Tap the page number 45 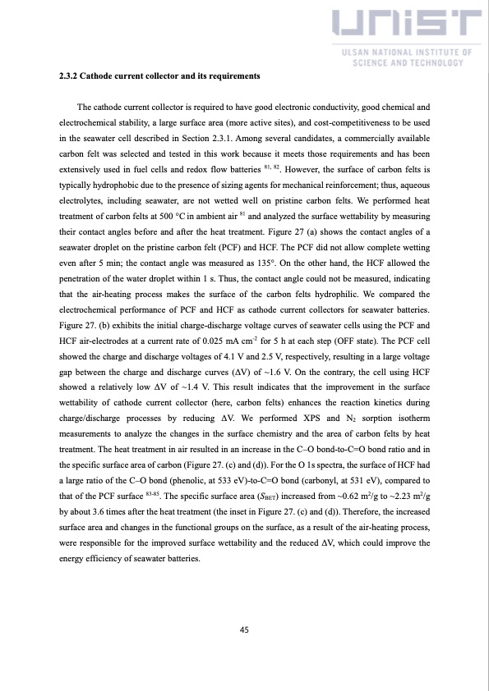(244, 629)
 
